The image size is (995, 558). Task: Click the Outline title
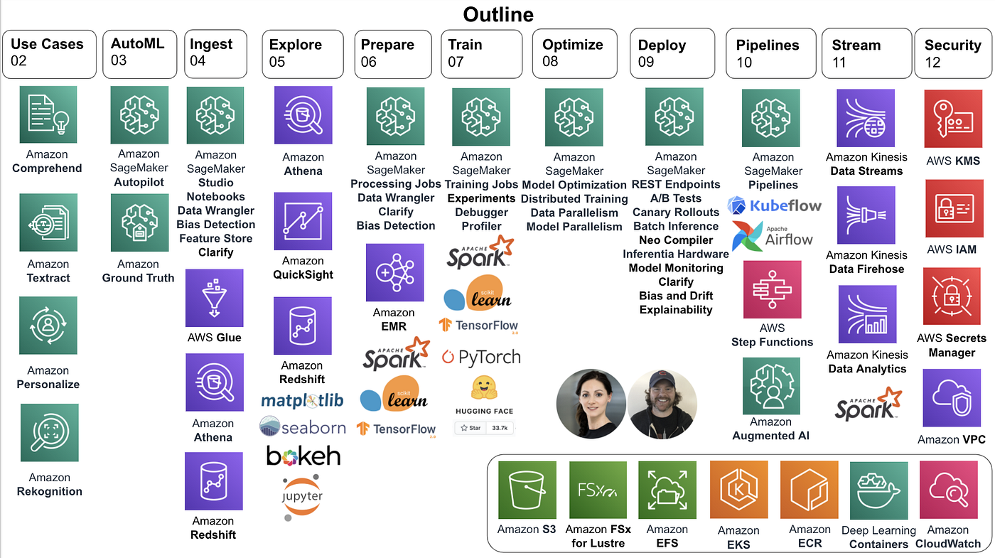pyautogui.click(x=498, y=14)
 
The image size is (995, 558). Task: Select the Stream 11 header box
pyautogui.click(x=866, y=53)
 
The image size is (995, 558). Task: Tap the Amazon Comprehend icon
pyautogui.click(x=48, y=114)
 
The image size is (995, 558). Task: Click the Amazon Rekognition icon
pyautogui.click(x=49, y=433)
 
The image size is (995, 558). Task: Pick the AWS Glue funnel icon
pyautogui.click(x=214, y=298)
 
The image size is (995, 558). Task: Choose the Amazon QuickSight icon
pyautogui.click(x=303, y=221)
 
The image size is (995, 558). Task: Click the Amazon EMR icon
pyautogui.click(x=394, y=272)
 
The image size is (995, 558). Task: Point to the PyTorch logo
pyautogui.click(x=481, y=357)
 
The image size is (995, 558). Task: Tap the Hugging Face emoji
pyautogui.click(x=483, y=387)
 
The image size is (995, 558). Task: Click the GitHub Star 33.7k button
pyautogui.click(x=483, y=428)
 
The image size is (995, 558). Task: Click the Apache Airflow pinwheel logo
pyautogui.click(x=746, y=235)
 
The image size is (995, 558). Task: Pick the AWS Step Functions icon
pyautogui.click(x=772, y=289)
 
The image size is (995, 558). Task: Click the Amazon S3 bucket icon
pyautogui.click(x=527, y=490)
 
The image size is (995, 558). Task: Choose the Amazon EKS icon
pyautogui.click(x=738, y=490)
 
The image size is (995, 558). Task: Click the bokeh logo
pyautogui.click(x=303, y=456)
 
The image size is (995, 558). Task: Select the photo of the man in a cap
pyautogui.click(x=662, y=404)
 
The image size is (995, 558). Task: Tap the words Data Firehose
pyautogui.click(x=866, y=269)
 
